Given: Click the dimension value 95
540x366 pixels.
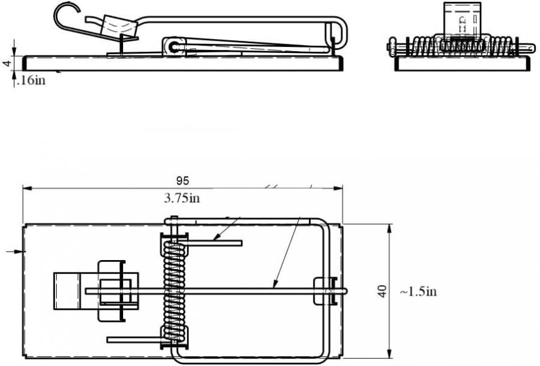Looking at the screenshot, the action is coord(182,181).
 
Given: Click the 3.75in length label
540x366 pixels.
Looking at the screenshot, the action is coord(182,198).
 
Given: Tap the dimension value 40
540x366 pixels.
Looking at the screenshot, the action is coord(382,291).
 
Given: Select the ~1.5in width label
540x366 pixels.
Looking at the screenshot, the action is coord(419,292).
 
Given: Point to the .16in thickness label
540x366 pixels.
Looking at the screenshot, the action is coord(31,80).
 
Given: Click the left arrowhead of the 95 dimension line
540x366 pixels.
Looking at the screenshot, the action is coord(27,188).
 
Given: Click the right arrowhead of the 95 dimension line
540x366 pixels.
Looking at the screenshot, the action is coord(338,188).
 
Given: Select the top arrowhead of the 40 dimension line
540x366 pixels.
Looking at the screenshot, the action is coord(389,228).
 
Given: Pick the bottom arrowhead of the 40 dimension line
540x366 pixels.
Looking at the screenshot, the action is coord(389,353).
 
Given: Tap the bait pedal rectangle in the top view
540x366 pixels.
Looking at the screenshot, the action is coord(67,291).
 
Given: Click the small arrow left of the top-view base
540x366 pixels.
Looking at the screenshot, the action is coord(16,252).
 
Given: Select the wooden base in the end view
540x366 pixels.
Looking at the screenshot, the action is coord(462,64).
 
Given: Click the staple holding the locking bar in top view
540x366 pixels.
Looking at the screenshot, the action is coord(325,291).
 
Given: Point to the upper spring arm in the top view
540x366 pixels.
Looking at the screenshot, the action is coord(210,244).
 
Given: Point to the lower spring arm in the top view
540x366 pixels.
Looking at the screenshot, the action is coord(136,340).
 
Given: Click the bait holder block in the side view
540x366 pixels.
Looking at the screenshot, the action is coord(118,26).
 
